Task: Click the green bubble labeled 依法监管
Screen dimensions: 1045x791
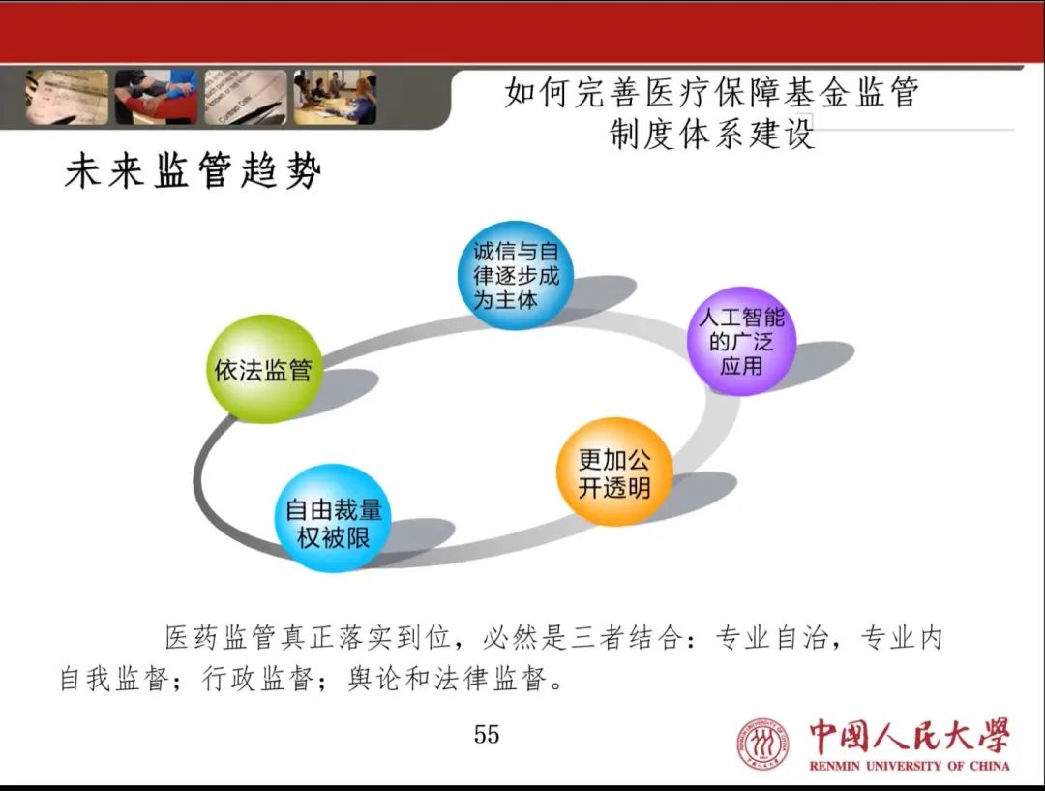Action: coord(264,369)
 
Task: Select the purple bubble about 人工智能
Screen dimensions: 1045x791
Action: coord(742,341)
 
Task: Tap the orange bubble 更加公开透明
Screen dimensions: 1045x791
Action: coord(613,472)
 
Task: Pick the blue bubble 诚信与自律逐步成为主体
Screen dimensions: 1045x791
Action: coord(516,275)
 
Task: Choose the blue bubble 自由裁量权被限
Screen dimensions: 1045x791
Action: coord(333,518)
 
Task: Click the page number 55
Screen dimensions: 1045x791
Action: coord(487,734)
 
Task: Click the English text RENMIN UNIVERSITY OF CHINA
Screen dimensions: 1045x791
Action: coord(910,766)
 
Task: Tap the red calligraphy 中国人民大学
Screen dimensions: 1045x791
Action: coord(910,737)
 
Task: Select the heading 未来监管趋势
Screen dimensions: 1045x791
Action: coord(194,170)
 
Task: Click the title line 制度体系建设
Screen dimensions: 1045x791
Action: coord(712,134)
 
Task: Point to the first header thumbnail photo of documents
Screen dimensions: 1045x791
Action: coord(67,98)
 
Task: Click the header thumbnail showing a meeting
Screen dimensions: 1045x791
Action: coord(335,98)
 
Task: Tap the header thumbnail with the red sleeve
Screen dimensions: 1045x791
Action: coord(156,98)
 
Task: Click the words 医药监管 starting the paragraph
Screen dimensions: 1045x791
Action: coord(221,638)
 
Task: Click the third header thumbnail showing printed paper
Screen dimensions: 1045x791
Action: coord(246,98)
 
